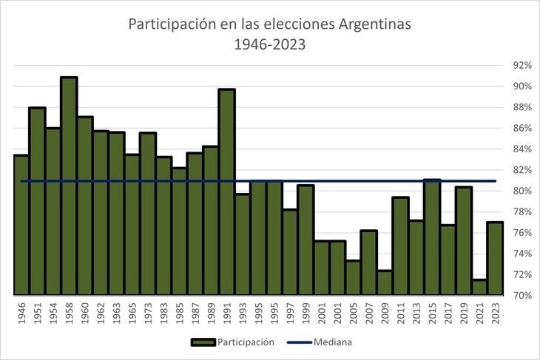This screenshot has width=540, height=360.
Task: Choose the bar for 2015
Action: click(432, 237)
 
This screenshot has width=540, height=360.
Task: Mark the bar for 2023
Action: click(495, 258)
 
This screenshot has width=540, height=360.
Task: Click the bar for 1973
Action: click(148, 214)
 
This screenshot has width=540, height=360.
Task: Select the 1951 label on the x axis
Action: click(37, 312)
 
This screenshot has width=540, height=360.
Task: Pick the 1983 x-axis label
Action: click(163, 312)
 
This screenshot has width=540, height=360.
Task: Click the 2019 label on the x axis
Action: click(464, 312)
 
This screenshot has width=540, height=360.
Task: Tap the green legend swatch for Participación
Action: click(203, 342)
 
